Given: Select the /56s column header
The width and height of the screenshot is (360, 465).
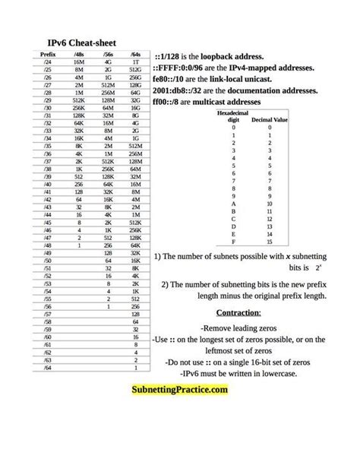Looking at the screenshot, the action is [109, 55].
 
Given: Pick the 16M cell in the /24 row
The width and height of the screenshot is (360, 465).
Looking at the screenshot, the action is [78, 62].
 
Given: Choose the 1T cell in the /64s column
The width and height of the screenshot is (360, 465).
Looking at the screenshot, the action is [136, 62].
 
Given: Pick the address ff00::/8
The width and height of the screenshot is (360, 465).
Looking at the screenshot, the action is [171, 100].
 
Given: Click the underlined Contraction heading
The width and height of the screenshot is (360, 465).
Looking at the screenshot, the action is [238, 313].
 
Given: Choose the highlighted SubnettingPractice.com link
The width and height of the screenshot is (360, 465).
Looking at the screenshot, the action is [179, 390].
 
